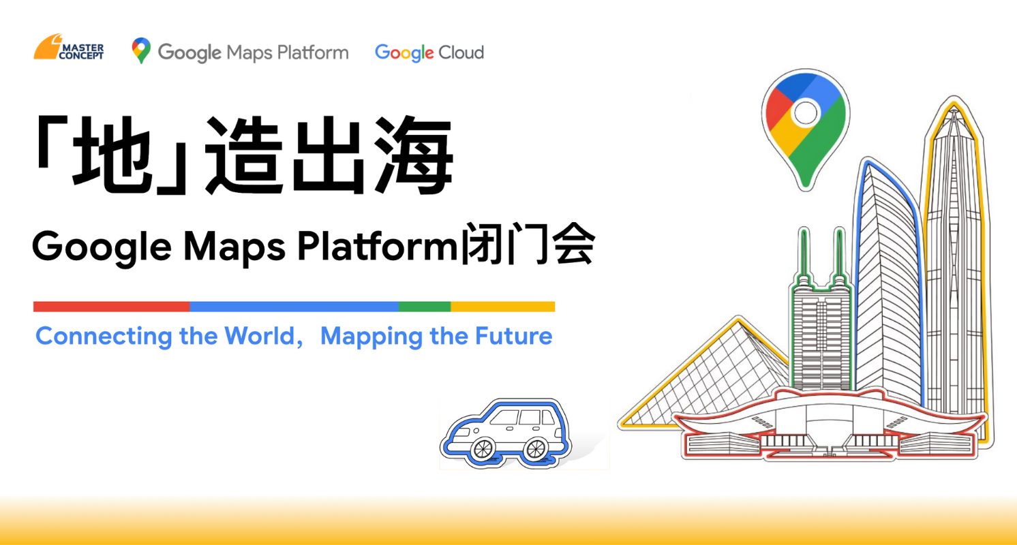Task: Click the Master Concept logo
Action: coord(69,47)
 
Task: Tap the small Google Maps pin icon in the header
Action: coord(141,50)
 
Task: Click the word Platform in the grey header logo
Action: coord(313,52)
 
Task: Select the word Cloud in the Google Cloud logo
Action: coord(461,52)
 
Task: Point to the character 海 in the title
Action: coord(414,155)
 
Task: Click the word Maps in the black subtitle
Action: coord(234,248)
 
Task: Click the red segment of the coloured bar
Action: coord(112,307)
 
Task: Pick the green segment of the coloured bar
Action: coord(425,307)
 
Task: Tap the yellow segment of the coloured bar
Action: coord(502,307)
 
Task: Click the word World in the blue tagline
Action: coord(260,337)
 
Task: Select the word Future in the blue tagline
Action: coord(513,337)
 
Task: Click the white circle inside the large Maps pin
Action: coord(806,113)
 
